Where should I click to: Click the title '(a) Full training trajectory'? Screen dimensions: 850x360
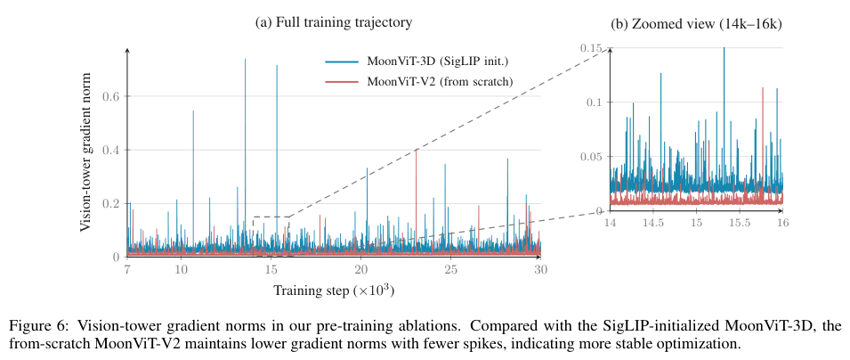point(334,23)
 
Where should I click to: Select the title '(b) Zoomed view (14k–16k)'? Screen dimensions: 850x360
point(696,24)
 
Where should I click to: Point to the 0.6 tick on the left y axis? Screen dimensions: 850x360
point(110,96)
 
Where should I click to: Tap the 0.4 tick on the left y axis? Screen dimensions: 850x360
point(110,150)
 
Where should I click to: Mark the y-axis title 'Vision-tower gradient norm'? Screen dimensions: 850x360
point(85,151)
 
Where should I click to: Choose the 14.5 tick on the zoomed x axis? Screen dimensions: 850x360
point(653,223)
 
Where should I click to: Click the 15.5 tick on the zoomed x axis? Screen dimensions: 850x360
point(740,223)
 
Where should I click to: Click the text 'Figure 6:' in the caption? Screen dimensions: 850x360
point(35,326)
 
